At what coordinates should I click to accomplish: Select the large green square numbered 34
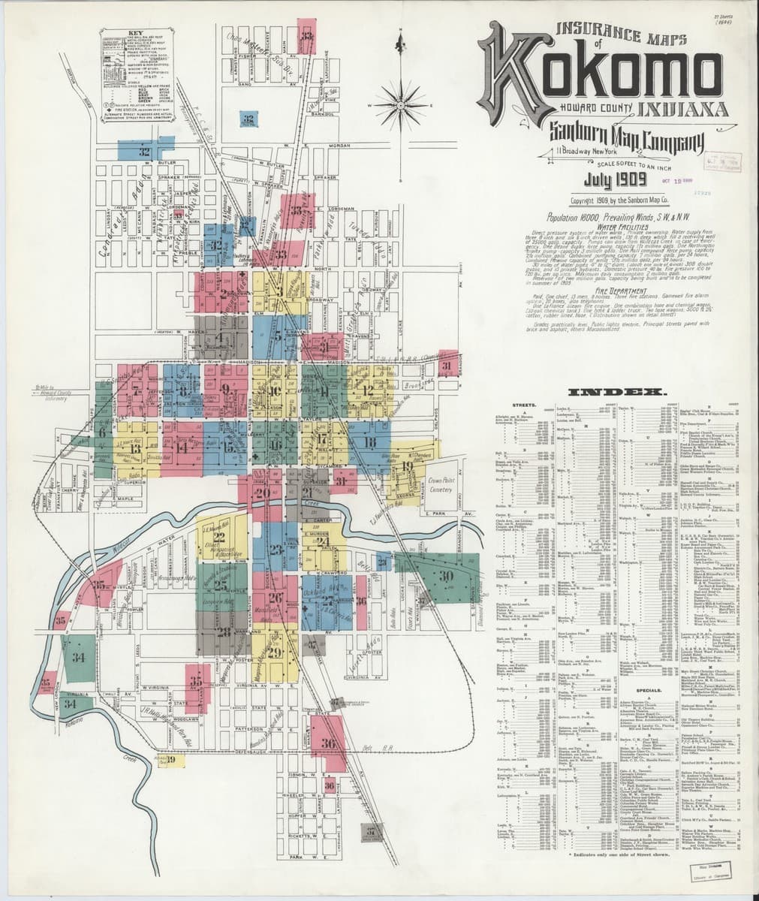click(78, 658)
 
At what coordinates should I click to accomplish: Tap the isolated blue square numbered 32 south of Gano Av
click(247, 118)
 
